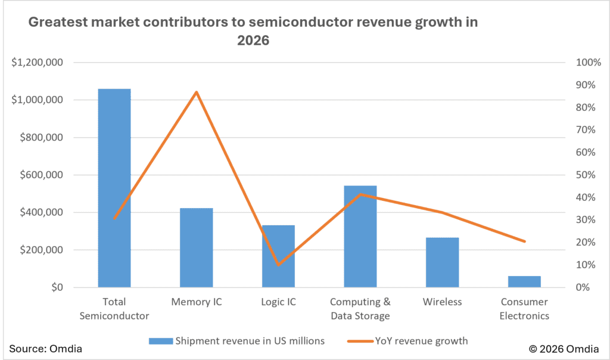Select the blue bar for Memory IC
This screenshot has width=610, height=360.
(196, 247)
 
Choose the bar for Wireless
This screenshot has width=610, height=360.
(443, 262)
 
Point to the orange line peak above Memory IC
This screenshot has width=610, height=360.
(197, 92)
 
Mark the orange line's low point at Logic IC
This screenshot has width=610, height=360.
(278, 264)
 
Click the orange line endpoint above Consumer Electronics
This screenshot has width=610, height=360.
(525, 241)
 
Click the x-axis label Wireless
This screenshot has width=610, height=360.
(443, 302)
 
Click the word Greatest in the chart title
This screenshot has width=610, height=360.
(57, 23)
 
